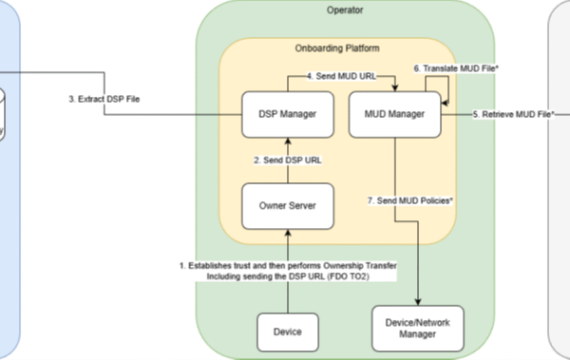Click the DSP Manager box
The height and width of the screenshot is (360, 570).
(x=288, y=115)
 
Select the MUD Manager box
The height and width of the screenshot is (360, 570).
(x=395, y=115)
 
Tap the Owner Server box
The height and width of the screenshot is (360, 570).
(x=288, y=206)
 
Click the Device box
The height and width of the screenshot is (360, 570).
(x=288, y=332)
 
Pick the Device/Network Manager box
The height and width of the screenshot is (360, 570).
(x=418, y=329)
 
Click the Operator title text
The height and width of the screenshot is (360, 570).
(x=345, y=10)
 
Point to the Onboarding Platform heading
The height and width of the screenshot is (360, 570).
(x=337, y=48)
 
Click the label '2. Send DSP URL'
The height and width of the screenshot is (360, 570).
(x=288, y=160)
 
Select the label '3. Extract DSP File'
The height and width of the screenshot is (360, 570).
(x=104, y=99)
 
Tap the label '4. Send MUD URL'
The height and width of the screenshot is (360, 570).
(x=341, y=76)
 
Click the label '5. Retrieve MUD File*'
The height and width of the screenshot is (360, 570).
(x=513, y=115)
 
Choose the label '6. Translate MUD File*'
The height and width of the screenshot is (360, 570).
(x=456, y=68)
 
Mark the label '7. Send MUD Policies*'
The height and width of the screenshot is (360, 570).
(x=410, y=200)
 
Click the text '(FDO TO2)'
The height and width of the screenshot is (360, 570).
(x=349, y=276)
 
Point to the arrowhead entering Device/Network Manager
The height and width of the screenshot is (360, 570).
(x=418, y=302)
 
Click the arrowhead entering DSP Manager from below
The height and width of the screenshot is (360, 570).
(x=288, y=142)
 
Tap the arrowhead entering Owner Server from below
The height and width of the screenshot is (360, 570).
(x=288, y=233)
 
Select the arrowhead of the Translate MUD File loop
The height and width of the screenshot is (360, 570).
(x=445, y=104)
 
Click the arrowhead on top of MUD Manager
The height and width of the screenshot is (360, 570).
(x=395, y=88)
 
